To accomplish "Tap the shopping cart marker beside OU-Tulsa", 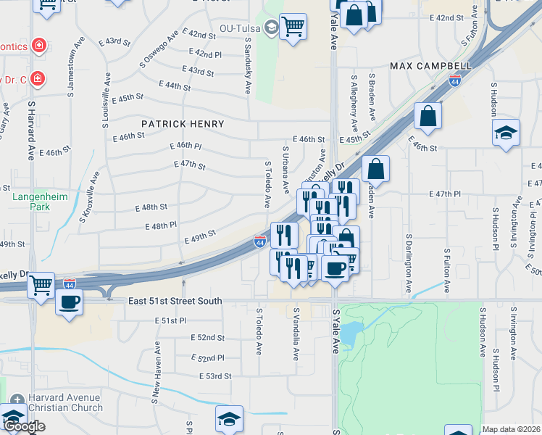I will [293, 27].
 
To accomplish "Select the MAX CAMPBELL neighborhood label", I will [430, 66].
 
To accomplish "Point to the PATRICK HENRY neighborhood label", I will [183, 124].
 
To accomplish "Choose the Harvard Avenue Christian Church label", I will [65, 402].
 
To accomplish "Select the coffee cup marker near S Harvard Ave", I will [69, 301].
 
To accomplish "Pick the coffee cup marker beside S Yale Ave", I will [335, 268].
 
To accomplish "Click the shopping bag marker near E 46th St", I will [428, 115].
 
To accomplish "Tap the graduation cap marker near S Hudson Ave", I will [506, 133].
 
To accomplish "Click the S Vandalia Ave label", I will [296, 333].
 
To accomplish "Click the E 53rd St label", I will [215, 376].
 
